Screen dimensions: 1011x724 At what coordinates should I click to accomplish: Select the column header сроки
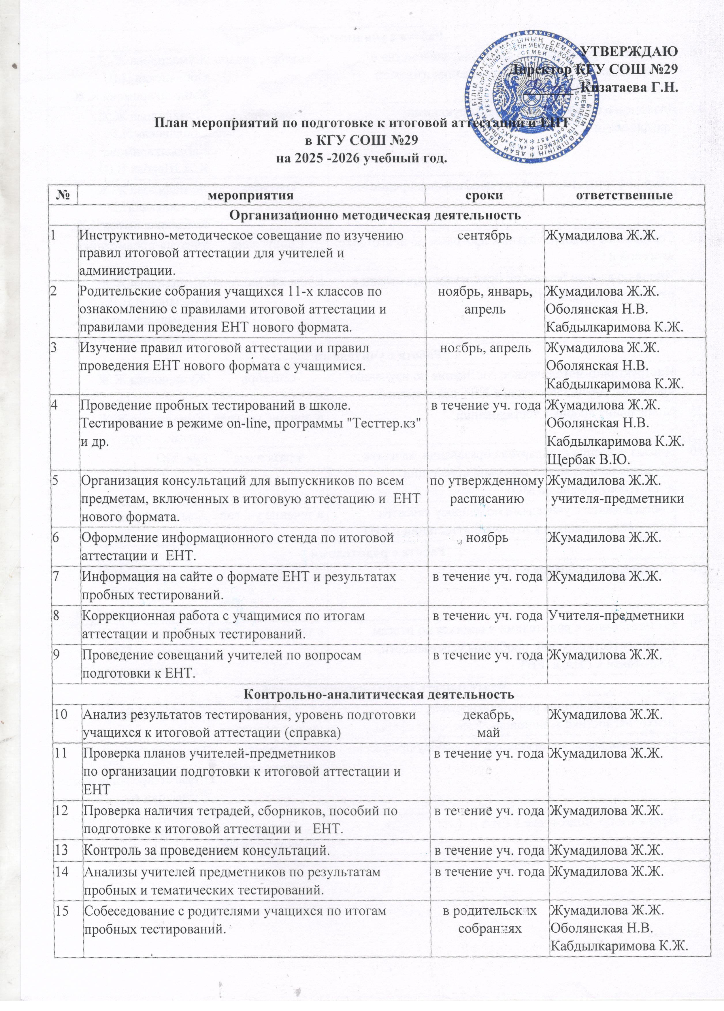coord(483,195)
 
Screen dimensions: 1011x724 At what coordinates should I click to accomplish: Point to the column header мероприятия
coord(251,195)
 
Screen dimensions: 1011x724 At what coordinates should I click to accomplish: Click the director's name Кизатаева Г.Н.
coord(630,87)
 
